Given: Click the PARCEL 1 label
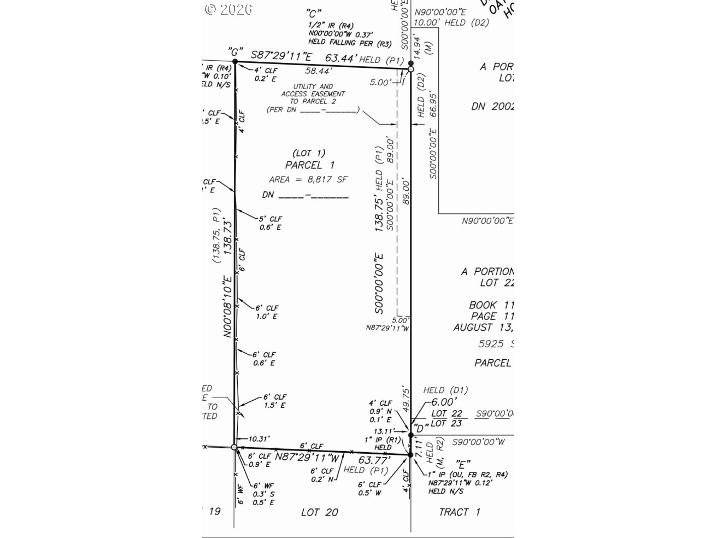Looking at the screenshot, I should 310,165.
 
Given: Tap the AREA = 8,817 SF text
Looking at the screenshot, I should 308,179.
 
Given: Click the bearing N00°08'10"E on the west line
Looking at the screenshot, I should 228,306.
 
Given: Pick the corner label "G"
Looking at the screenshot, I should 235,51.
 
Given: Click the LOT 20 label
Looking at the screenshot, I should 320,512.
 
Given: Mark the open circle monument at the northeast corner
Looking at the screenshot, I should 411,69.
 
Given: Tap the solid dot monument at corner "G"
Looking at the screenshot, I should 235,62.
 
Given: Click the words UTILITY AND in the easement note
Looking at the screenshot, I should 313,86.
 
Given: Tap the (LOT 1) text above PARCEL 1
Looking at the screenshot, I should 309,153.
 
